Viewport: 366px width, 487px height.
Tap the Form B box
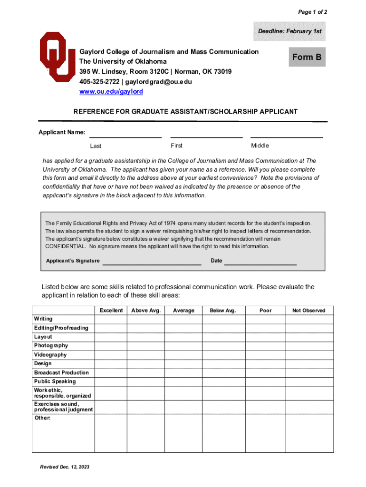(307, 57)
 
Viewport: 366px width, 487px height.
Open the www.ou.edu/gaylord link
(111, 91)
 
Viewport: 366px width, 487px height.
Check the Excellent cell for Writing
(111, 319)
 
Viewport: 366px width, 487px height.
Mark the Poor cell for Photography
(265, 346)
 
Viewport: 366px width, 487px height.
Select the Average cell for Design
(183, 364)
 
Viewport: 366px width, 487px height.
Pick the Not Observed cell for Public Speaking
(308, 381)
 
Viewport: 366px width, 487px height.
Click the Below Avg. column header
(223, 311)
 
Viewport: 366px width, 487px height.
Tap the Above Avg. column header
(146, 311)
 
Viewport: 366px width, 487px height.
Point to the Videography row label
(50, 355)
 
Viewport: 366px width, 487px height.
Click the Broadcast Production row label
(61, 373)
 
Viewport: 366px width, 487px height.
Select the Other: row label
(42, 418)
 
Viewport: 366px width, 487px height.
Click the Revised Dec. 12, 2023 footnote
(65, 467)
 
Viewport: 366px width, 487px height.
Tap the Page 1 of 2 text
(312, 12)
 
